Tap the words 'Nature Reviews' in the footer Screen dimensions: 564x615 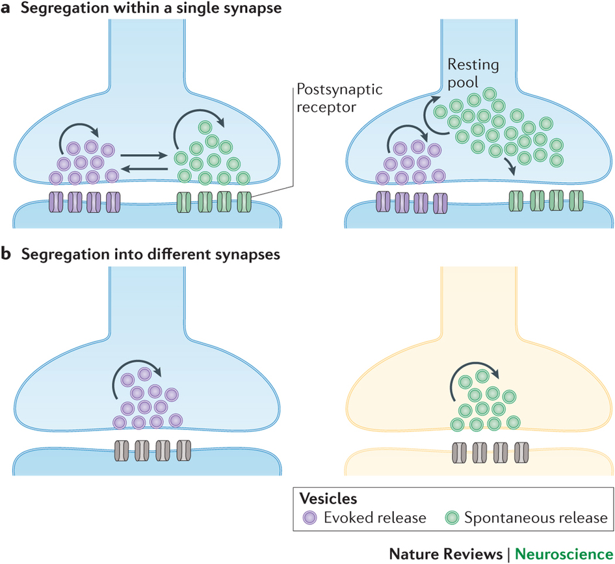coord(446,553)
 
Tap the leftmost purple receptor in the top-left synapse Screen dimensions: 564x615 coord(55,202)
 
